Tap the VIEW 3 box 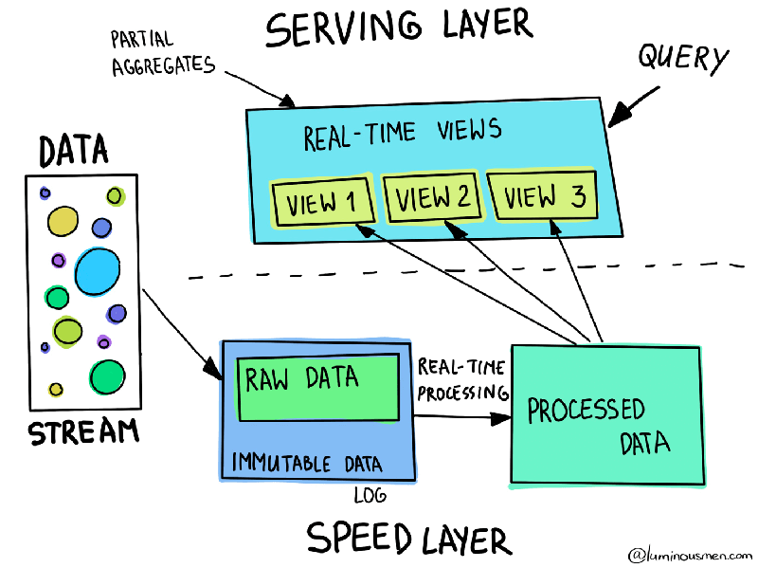(x=543, y=196)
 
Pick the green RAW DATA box (x=316, y=387)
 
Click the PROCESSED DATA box (x=606, y=417)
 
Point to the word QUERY (x=682, y=59)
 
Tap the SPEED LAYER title (x=408, y=538)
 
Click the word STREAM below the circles (x=83, y=433)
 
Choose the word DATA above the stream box (x=73, y=150)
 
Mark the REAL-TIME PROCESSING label (x=461, y=379)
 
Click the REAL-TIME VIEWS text (x=402, y=134)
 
